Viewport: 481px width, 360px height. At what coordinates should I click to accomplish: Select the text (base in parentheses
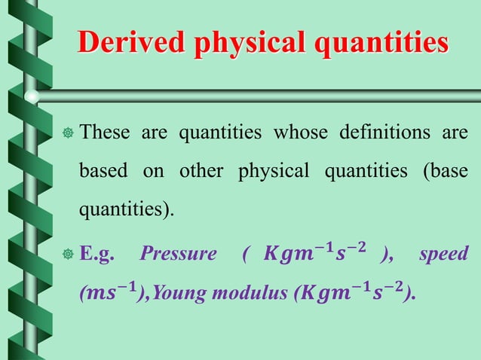(445, 172)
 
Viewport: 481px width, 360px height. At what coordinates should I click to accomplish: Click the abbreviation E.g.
(97, 254)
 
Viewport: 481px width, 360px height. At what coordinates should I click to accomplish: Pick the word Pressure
(178, 254)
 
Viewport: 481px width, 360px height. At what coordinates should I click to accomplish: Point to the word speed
(444, 254)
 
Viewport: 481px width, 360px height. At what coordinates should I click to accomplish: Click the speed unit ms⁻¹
(113, 293)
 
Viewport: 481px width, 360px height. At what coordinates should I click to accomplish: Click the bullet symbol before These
(68, 135)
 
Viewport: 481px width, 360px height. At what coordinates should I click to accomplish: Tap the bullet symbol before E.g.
(68, 255)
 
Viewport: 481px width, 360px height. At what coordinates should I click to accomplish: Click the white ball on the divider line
(32, 96)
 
